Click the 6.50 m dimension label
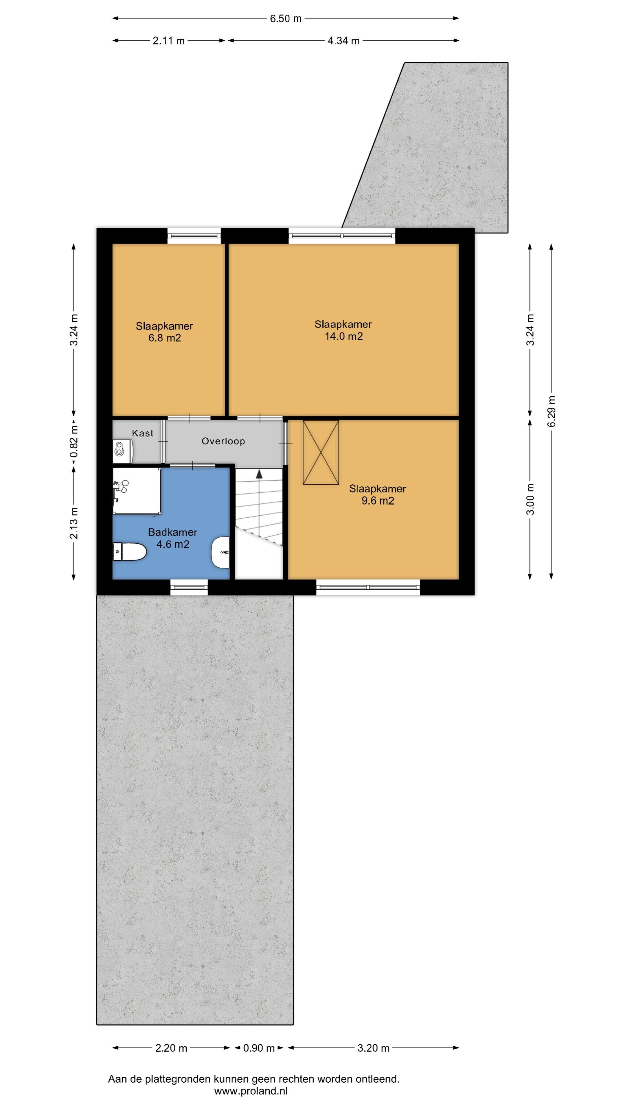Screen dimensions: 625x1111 (x=286, y=19)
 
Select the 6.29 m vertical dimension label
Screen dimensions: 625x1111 (x=552, y=411)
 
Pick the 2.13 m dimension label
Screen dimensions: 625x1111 (x=74, y=523)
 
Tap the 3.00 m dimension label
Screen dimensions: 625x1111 (x=531, y=499)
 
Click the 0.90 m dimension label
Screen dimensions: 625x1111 (x=259, y=1048)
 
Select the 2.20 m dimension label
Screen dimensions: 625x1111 (x=171, y=1048)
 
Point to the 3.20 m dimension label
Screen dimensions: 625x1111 (x=374, y=1048)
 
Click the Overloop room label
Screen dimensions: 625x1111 (x=223, y=441)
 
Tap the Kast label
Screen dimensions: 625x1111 (x=143, y=433)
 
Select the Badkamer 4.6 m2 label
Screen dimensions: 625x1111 (x=172, y=538)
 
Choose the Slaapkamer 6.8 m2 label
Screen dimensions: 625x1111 (x=164, y=332)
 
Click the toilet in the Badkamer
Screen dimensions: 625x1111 (x=129, y=552)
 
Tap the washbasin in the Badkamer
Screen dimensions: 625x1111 (x=220, y=553)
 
